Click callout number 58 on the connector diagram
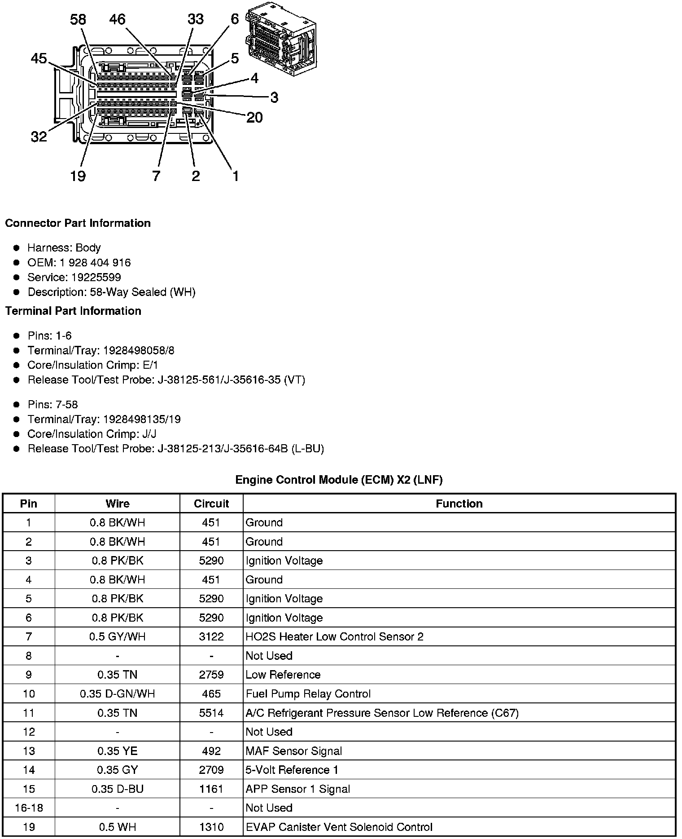pos(78,19)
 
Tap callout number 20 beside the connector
pos(254,117)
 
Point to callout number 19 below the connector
pos(78,176)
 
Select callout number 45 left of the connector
pos(39,58)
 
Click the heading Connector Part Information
pos(78,223)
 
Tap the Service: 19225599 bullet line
pos(74,277)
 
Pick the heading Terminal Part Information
pos(73,311)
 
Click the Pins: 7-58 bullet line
pos(52,404)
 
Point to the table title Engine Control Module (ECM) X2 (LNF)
pos(339,480)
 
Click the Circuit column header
pos(211,503)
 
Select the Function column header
pos(459,503)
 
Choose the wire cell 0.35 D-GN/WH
pos(117,693)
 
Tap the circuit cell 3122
pos(211,636)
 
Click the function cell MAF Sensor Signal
pos(293,751)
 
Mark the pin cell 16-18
pos(29,808)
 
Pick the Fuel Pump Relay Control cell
pos(308,693)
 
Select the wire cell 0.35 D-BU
pos(117,789)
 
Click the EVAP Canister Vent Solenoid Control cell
pos(339,827)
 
